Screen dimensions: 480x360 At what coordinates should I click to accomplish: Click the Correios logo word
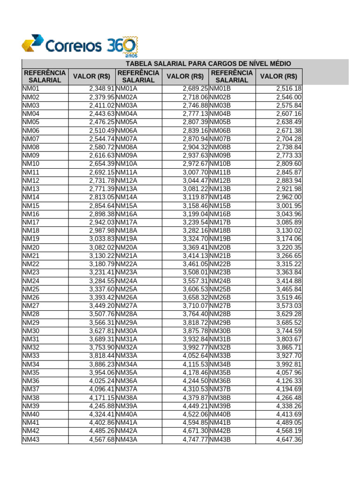click(x=73, y=46)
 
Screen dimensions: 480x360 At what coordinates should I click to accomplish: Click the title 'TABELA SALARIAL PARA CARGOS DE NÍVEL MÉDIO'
click(x=208, y=63)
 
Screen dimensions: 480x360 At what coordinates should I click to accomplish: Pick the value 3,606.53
click(x=195, y=289)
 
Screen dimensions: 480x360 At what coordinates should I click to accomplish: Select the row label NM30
click(x=31, y=331)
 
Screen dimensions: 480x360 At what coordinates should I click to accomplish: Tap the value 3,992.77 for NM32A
click(x=195, y=348)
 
